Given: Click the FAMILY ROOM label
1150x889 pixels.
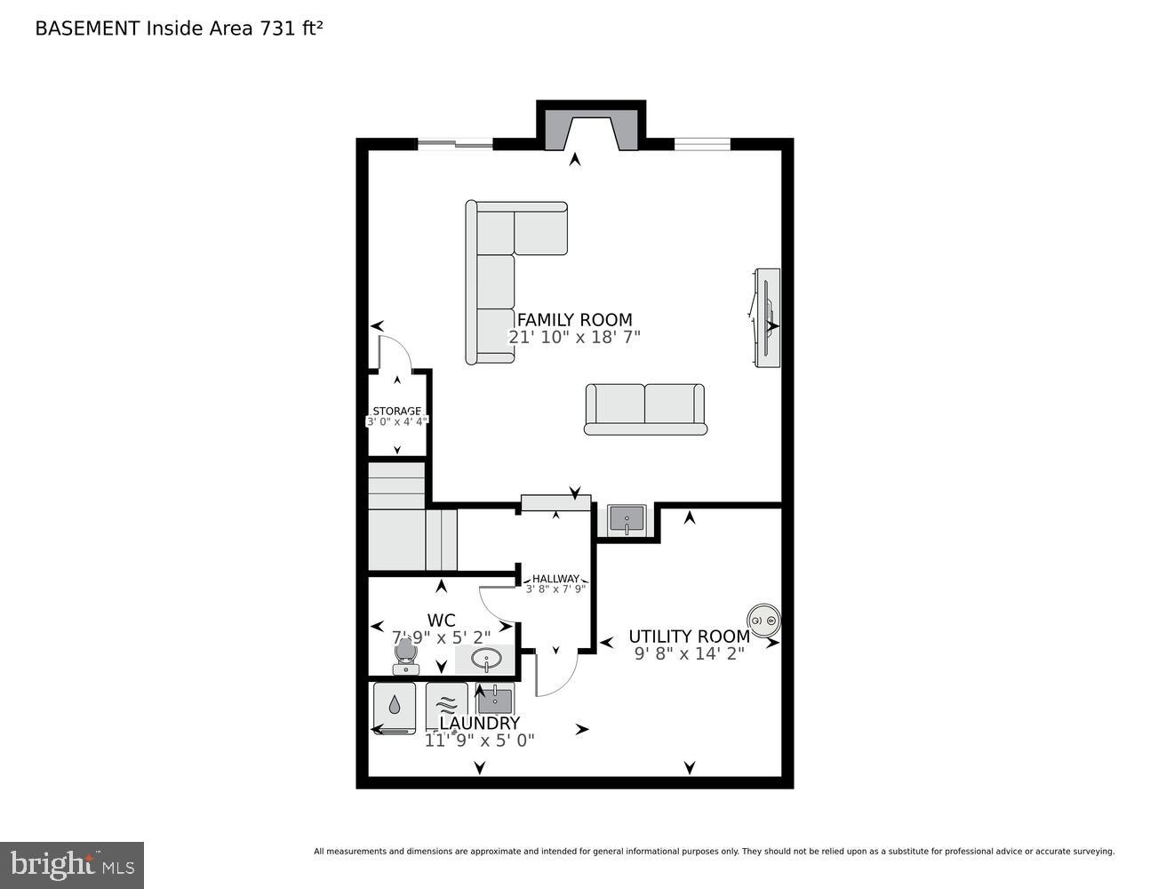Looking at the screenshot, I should pyautogui.click(x=574, y=320).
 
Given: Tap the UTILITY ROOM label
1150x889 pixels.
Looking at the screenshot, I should pyautogui.click(x=689, y=637).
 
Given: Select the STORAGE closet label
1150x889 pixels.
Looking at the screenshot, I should pyautogui.click(x=396, y=411).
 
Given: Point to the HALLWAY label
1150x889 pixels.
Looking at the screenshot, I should pyautogui.click(x=555, y=579).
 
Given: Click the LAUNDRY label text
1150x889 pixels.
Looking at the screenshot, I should pyautogui.click(x=479, y=724).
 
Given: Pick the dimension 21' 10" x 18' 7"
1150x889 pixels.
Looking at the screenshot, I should pyautogui.click(x=574, y=338).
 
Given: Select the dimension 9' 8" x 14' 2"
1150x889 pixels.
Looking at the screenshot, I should pyautogui.click(x=689, y=653).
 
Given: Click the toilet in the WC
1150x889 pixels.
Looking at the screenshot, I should pyautogui.click(x=406, y=657).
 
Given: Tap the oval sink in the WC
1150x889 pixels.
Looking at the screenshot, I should pyautogui.click(x=485, y=660).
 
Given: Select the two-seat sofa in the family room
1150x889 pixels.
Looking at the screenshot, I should pyautogui.click(x=645, y=409).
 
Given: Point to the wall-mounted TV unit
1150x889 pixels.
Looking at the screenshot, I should pyautogui.click(x=767, y=318).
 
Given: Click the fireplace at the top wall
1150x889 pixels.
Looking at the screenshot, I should pyautogui.click(x=591, y=129).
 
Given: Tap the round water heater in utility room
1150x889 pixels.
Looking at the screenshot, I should pyautogui.click(x=763, y=619).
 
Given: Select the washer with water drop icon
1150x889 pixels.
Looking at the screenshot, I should pyautogui.click(x=395, y=707).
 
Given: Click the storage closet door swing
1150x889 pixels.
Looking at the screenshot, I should pyautogui.click(x=394, y=353).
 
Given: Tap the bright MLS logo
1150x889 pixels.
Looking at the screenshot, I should pyautogui.click(x=72, y=864).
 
